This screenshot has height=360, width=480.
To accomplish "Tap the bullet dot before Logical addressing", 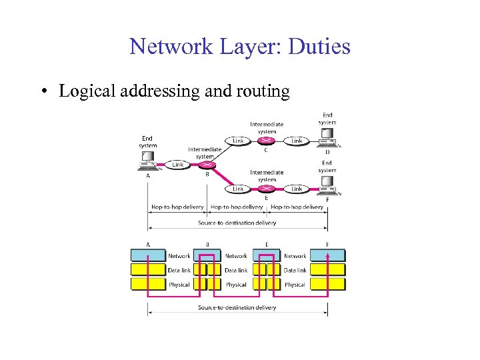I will click(x=42, y=91).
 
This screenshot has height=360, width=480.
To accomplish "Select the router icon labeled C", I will click(x=267, y=141).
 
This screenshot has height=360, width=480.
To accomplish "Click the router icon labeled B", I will click(x=208, y=165).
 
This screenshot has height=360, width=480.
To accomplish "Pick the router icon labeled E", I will click(x=267, y=189).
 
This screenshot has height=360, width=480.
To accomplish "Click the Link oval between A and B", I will click(x=178, y=165).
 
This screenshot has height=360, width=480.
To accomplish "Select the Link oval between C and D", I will click(x=297, y=141).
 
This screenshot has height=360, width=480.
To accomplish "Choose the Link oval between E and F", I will click(x=297, y=189).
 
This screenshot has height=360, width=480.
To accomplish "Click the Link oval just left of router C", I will click(x=238, y=141).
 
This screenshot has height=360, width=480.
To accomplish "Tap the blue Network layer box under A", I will click(x=148, y=255).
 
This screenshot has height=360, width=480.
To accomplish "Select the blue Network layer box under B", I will click(x=208, y=255).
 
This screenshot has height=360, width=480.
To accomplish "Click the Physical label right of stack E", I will click(x=295, y=285).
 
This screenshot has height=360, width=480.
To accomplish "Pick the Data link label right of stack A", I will click(x=179, y=270).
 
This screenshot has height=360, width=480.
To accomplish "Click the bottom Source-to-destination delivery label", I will click(x=237, y=307).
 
